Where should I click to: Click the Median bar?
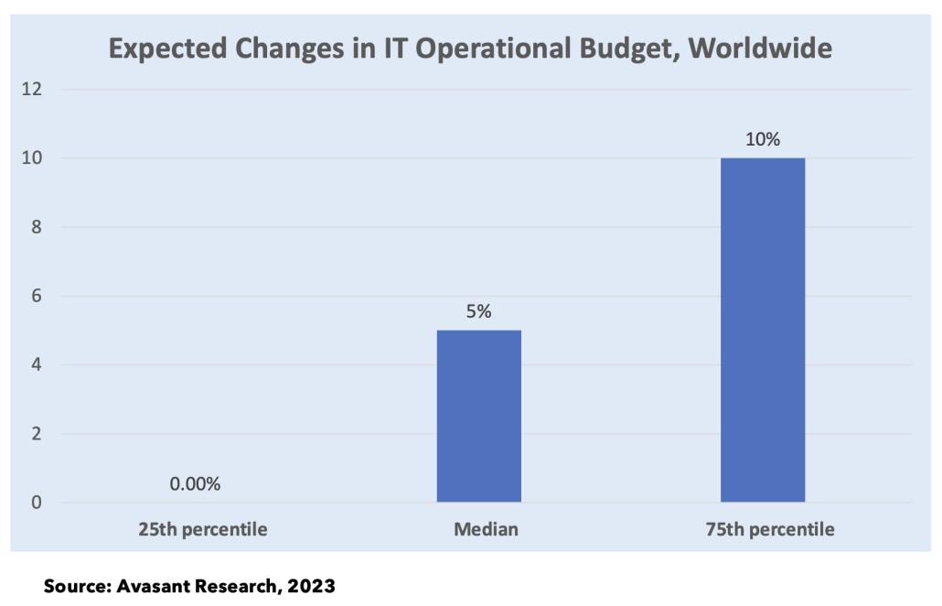coord(478,416)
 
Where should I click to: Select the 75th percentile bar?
coord(763,330)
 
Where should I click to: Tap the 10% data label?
coord(763,140)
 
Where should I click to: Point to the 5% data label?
coord(478,311)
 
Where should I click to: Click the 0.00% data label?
coord(195,484)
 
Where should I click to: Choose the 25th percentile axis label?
coord(203,529)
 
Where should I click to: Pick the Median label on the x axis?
coord(479,529)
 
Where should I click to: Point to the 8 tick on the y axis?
coord(37,227)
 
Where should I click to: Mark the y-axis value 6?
coord(37,296)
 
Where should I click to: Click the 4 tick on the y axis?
coord(37,364)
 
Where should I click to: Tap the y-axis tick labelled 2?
coord(37,433)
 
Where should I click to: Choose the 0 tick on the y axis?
coord(37,503)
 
